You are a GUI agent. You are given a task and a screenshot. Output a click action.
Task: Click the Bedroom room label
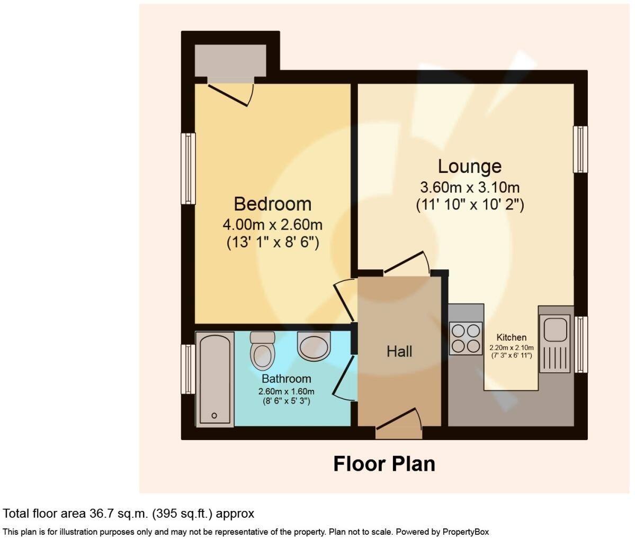point(272,204)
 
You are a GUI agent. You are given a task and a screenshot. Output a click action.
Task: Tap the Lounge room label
point(469,166)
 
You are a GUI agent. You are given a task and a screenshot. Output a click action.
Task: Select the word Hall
point(399,351)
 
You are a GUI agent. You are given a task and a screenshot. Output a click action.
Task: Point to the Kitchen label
point(511,337)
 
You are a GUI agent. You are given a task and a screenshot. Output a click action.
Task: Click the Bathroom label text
point(286,379)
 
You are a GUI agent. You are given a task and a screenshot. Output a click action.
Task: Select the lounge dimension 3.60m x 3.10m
point(469,187)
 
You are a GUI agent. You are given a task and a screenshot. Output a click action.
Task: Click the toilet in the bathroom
point(262,351)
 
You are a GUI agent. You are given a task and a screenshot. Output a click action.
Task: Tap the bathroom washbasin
point(314,345)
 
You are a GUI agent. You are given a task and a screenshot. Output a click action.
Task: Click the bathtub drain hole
point(214,416)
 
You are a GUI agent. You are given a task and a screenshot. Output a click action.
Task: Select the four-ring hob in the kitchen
point(466,338)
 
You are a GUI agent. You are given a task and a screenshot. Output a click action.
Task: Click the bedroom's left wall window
point(188,168)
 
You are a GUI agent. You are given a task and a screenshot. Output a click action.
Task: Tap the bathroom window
point(188,369)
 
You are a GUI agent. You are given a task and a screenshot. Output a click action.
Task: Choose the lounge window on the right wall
point(581,149)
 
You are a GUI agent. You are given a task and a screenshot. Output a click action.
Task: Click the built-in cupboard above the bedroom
point(230,60)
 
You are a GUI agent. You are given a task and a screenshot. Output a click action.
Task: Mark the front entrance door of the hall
point(398,426)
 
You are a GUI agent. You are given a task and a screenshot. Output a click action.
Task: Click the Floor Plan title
point(384,464)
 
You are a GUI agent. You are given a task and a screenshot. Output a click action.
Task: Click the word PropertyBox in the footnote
point(466,532)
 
